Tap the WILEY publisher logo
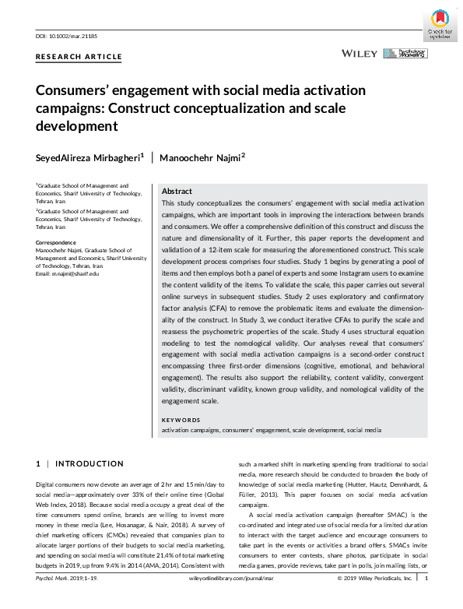click(x=360, y=53)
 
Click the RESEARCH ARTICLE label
click(x=79, y=57)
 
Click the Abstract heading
click(x=177, y=191)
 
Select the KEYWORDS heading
click(x=181, y=420)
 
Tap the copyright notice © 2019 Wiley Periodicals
click(x=374, y=600)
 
